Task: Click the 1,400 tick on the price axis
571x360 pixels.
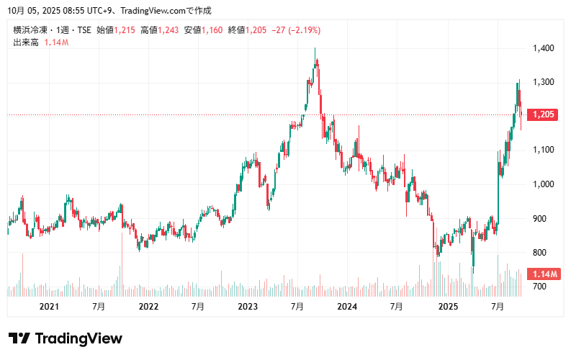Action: click(543, 48)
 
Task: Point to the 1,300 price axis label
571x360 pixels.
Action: click(543, 82)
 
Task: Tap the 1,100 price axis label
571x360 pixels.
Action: click(543, 150)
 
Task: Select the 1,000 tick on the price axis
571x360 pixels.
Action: click(543, 184)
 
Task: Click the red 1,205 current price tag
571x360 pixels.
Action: click(543, 115)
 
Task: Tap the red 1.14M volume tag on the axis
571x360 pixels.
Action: click(543, 274)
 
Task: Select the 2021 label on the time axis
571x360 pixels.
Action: click(49, 307)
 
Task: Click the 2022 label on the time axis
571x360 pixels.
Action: click(148, 307)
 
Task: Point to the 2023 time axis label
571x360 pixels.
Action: click(248, 307)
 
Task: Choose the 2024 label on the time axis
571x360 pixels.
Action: click(347, 307)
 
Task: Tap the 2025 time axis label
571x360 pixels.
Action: click(448, 307)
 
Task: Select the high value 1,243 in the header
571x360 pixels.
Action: click(168, 30)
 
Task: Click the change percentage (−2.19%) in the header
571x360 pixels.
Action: click(304, 30)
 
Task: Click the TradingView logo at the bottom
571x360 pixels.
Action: click(66, 338)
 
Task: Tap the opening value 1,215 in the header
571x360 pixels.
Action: click(125, 30)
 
